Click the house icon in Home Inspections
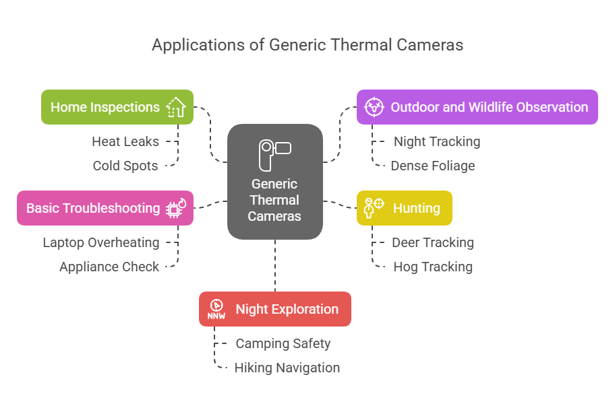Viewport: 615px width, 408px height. coord(176,107)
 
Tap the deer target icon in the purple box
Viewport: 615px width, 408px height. coord(374,107)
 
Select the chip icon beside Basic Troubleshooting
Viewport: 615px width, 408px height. coord(176,208)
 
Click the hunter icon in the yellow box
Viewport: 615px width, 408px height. coord(374,207)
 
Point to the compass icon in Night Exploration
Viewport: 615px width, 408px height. coord(216,309)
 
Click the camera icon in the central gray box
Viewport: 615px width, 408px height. coord(275,156)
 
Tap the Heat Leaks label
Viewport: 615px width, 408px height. coord(125,141)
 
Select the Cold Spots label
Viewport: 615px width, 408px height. coord(125,166)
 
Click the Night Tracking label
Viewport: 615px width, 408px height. coord(437,141)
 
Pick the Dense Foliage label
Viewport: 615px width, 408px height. coord(433,166)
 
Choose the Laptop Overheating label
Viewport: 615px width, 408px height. coord(101,242)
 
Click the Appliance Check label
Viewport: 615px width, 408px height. coord(109,267)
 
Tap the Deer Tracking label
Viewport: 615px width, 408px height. coord(433,242)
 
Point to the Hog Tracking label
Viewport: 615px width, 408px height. coord(433,267)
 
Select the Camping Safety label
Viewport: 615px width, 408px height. coord(283,343)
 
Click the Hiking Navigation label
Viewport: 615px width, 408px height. coord(287,368)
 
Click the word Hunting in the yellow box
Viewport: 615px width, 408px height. coord(417,208)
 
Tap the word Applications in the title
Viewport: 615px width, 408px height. coord(199,45)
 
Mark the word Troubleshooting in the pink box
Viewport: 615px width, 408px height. coord(111,208)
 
